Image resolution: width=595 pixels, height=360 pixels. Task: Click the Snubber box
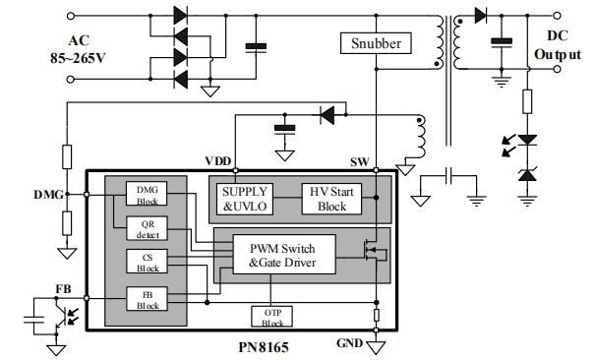[375, 43]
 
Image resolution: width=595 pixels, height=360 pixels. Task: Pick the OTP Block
[272, 317]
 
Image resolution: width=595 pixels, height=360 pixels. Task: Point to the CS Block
[147, 261]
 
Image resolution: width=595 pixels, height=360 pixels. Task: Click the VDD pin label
[218, 161]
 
